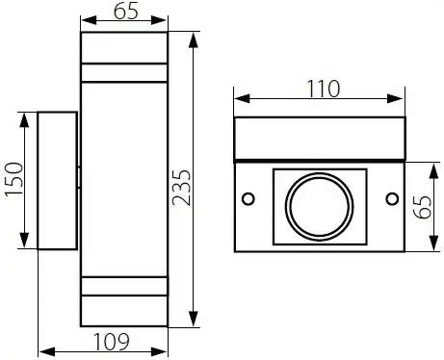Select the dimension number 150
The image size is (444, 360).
[x=11, y=180]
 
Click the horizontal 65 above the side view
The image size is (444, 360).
[x=124, y=13]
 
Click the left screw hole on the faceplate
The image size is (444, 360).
[x=248, y=198]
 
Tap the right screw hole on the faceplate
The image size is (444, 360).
[x=392, y=198]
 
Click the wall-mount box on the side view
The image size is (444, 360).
[x=57, y=182]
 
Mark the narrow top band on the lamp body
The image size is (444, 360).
[x=124, y=72]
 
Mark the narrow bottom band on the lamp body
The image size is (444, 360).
[x=124, y=286]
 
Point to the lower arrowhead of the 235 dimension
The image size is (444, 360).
[x=196, y=322]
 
